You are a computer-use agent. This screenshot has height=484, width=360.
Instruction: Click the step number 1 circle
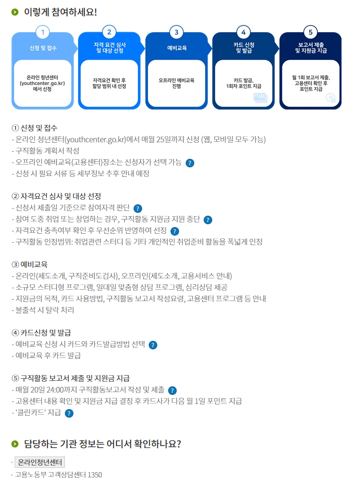[x=43, y=32]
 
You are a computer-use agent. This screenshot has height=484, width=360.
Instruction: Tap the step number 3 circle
[x=176, y=32]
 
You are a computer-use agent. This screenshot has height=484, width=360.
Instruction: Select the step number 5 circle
[x=310, y=32]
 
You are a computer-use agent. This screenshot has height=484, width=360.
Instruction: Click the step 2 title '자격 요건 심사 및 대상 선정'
[x=109, y=47]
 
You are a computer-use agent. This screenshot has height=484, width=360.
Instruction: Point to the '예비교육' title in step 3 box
[x=176, y=47]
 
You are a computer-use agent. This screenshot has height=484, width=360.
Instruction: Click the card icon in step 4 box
[x=260, y=98]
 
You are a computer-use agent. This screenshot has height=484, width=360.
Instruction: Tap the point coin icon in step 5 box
[x=331, y=98]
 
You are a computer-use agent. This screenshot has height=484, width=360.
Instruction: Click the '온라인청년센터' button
[x=40, y=462]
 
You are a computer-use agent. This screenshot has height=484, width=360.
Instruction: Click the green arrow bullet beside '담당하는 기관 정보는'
[x=15, y=444]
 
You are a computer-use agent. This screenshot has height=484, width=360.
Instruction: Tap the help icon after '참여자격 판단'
[x=138, y=208]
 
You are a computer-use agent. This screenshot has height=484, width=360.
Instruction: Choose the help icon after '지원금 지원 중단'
[x=207, y=219]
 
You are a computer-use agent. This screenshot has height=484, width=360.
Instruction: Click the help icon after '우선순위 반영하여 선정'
[x=175, y=231]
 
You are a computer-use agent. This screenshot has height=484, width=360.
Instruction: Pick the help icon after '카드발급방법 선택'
[x=153, y=345]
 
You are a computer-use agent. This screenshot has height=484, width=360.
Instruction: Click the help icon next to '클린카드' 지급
[x=69, y=413]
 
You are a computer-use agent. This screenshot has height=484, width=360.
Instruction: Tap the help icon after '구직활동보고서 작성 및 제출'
[x=172, y=390]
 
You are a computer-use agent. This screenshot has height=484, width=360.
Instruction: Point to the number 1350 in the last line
[x=94, y=475]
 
